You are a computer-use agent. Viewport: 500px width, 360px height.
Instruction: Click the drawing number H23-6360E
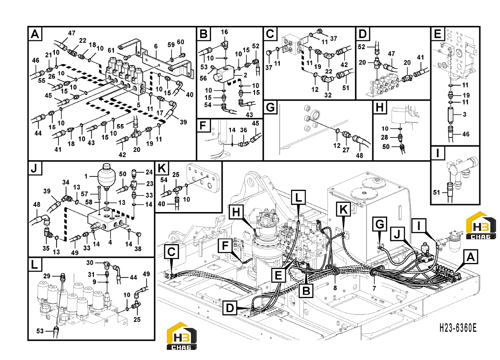coord(457,328)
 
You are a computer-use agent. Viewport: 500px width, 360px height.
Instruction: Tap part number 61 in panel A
coord(111,50)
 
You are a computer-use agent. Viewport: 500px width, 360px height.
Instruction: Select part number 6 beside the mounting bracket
coord(156,46)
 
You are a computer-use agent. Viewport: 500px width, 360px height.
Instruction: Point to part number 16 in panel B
coord(224,32)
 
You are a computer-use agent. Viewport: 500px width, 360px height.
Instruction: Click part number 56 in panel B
coord(203,79)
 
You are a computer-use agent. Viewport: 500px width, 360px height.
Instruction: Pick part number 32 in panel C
coord(328,95)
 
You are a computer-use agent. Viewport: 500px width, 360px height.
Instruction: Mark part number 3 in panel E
coord(464,114)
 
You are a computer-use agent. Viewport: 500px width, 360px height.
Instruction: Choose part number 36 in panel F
coord(244,130)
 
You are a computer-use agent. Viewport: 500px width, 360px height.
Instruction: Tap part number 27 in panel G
coord(346,150)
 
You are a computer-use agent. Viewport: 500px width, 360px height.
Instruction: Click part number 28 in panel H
coord(385,137)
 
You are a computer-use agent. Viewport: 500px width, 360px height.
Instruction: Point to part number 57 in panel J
coord(84,194)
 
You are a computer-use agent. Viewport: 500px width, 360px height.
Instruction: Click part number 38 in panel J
coord(138,248)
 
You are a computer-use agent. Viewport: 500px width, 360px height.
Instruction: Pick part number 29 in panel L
coord(47,276)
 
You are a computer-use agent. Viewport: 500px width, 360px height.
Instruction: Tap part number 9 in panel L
coord(94,282)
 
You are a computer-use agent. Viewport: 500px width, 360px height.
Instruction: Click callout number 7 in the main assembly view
coord(374,288)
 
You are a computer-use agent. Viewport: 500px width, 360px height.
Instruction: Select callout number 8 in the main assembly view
coord(335,288)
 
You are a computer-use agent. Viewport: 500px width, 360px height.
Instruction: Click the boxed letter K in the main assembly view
coord(343,209)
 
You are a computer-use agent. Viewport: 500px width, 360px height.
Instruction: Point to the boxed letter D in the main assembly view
coord(230,308)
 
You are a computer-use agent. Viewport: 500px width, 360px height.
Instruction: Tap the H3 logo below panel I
coord(481,225)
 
